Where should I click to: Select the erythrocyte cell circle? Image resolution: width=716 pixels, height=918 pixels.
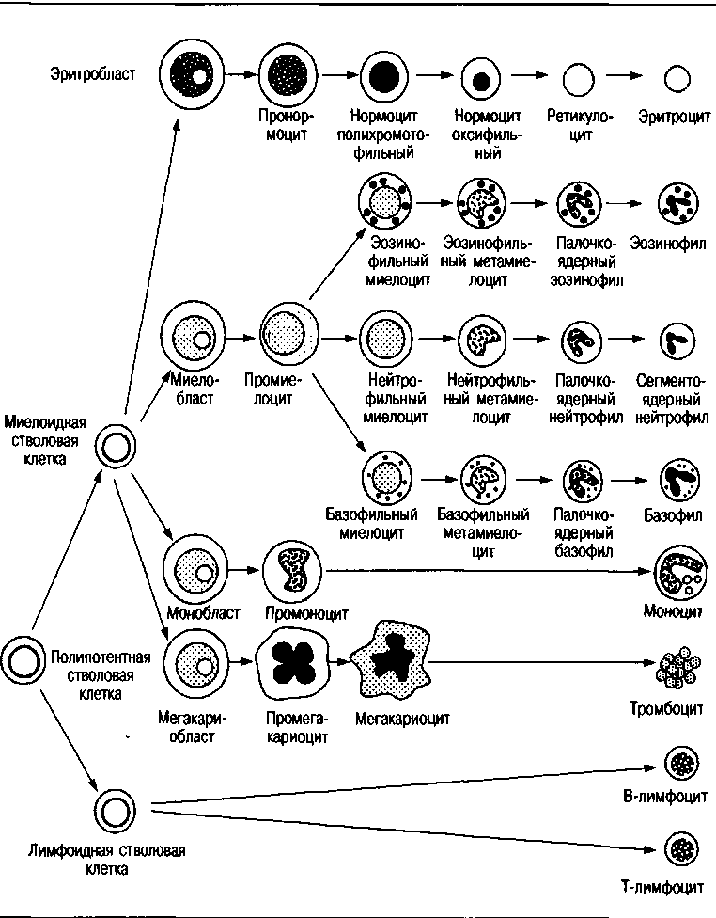(677, 79)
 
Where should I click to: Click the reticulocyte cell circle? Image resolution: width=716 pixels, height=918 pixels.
(580, 79)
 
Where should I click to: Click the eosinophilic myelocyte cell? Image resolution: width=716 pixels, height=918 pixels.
(387, 200)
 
